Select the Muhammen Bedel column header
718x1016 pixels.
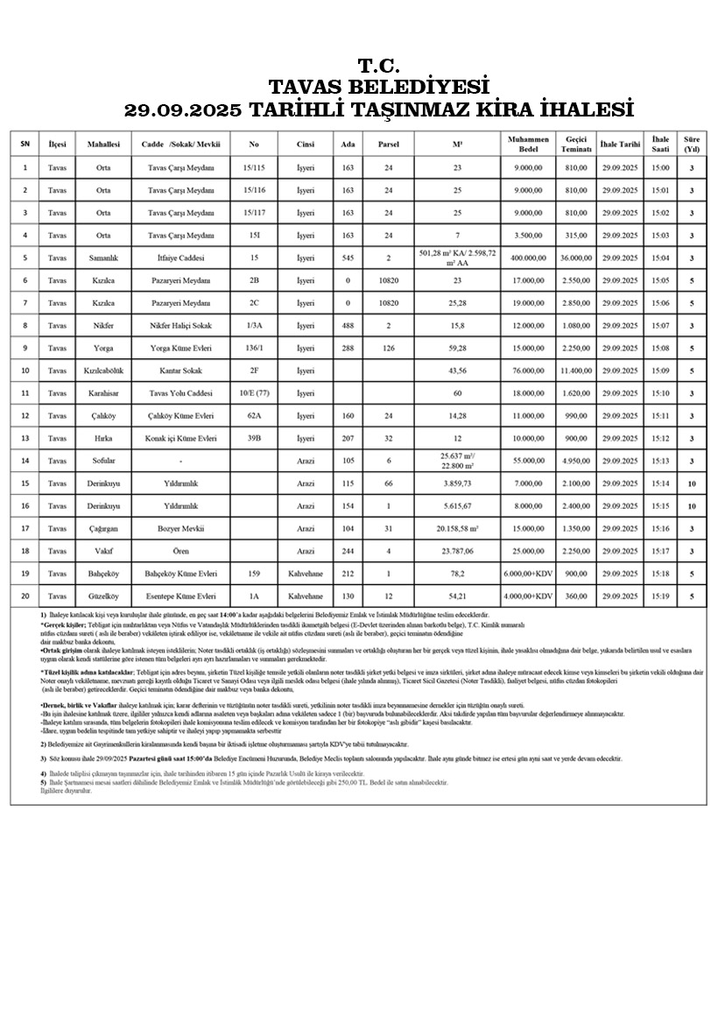pyautogui.click(x=528, y=144)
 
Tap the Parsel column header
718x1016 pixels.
pyautogui.click(x=388, y=144)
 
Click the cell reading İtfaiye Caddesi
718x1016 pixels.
pyautogui.click(x=181, y=258)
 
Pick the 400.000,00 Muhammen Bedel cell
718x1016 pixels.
pyautogui.click(x=528, y=258)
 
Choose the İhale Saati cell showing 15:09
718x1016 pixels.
pyautogui.click(x=660, y=370)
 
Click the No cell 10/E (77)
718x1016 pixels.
pyautogui.click(x=254, y=393)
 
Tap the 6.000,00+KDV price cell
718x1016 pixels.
pyautogui.click(x=528, y=574)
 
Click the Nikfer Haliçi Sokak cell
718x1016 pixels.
pyautogui.click(x=181, y=325)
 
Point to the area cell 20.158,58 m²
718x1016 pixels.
pyautogui.click(x=457, y=529)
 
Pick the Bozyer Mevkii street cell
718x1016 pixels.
pyautogui.click(x=181, y=529)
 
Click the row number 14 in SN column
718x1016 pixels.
pyautogui.click(x=25, y=461)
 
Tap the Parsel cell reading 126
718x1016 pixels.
pyautogui.click(x=388, y=348)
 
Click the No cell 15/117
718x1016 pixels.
pyautogui.click(x=254, y=213)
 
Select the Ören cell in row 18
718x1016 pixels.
pyautogui.click(x=181, y=551)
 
